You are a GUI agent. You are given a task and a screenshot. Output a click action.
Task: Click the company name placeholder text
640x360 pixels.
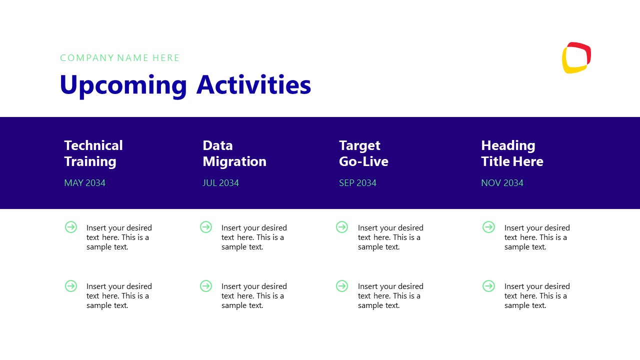coord(119,58)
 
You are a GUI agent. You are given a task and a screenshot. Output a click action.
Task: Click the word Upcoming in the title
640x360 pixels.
coord(123,85)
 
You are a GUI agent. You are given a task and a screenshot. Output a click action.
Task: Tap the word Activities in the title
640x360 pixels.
coord(253,85)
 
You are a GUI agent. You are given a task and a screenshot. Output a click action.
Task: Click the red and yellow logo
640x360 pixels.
coord(576,57)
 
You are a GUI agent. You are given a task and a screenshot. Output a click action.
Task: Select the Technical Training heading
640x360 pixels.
coord(93,153)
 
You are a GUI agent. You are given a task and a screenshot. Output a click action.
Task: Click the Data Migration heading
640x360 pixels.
coord(234,153)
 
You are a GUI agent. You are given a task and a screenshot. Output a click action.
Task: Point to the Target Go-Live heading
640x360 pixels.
coord(363,153)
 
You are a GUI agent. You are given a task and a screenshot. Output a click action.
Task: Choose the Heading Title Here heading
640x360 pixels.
coord(511,153)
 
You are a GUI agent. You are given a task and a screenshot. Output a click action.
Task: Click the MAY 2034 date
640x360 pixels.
coord(84,183)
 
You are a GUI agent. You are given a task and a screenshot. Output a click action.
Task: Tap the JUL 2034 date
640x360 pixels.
coord(220,183)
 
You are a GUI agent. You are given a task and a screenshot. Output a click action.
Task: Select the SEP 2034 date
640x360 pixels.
coord(357,183)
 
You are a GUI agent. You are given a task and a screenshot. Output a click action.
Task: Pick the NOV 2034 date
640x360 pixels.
coord(502,183)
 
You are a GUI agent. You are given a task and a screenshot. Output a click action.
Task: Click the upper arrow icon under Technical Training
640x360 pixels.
coord(71,227)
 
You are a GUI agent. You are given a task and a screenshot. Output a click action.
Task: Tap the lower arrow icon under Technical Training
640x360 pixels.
coord(71,286)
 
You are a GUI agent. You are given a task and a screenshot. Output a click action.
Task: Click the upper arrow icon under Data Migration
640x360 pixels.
coord(206,227)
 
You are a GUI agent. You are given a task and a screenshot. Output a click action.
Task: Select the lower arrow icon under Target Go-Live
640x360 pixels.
coord(342,286)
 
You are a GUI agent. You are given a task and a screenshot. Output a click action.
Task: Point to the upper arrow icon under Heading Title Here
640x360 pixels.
coord(488,227)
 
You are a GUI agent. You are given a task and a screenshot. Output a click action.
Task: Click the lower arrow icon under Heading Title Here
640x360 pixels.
coord(488,286)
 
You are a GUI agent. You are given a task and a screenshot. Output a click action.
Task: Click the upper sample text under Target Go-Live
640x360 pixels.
coord(390,237)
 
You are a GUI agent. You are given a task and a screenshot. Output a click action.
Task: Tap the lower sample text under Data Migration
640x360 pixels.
coord(253,295)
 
